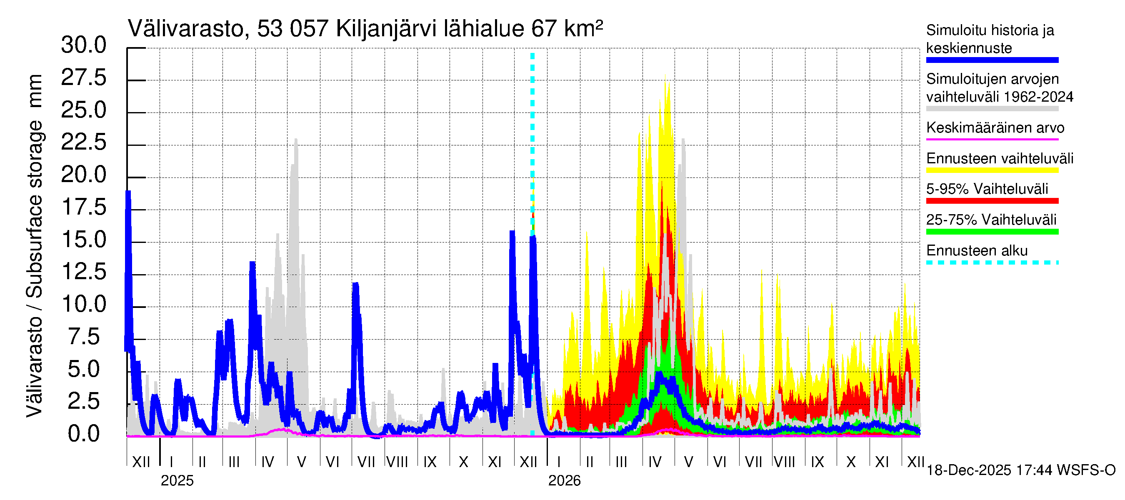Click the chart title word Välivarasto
(185, 29)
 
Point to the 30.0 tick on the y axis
(84, 45)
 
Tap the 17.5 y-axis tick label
(84, 207)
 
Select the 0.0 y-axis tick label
(84, 434)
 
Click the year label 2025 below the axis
(177, 481)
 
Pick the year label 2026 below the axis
(564, 481)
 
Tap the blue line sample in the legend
(992, 60)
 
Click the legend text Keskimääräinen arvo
(995, 128)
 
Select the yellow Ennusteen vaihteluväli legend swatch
(992, 170)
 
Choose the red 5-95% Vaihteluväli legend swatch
(992, 201)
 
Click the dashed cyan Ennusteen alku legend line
(992, 262)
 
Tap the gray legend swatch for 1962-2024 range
(992, 109)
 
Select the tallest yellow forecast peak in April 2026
(665, 79)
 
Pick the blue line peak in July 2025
(355, 285)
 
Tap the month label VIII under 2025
(397, 462)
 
